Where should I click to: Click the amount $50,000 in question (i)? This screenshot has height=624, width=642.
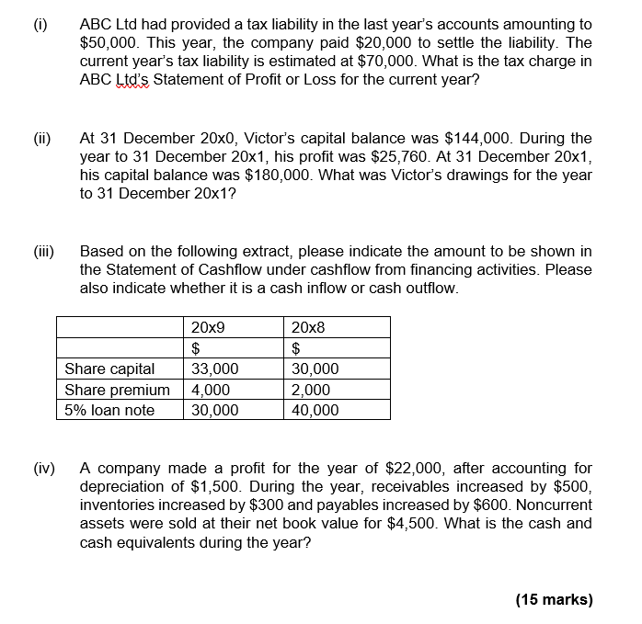coord(109,42)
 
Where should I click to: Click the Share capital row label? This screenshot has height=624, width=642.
coord(109,369)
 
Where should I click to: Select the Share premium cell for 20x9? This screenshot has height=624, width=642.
coord(210,390)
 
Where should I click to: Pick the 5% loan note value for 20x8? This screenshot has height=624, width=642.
coord(315,410)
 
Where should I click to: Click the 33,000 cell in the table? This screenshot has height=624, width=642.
coord(214,369)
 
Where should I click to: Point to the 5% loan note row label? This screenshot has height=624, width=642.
coord(109,410)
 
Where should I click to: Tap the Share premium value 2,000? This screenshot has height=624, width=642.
coord(311,390)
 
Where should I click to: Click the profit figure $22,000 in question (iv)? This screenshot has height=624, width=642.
coord(371,469)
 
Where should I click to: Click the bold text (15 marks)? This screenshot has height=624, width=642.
coord(554,599)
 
